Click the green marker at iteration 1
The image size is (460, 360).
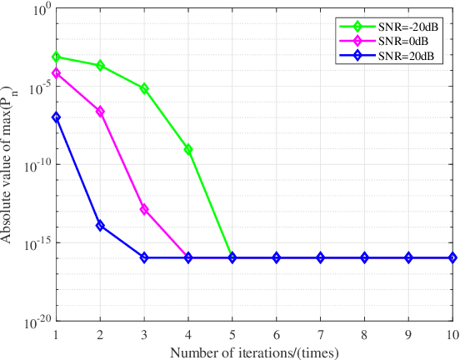tap(56, 57)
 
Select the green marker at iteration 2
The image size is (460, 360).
tap(100, 65)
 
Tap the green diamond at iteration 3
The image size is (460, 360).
tap(144, 88)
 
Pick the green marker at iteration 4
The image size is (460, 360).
tap(188, 150)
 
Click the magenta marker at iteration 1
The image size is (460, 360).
tap(56, 73)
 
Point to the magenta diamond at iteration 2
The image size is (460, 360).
tap(100, 112)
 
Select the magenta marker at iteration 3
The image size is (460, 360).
tap(144, 209)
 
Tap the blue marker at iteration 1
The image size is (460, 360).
tap(56, 117)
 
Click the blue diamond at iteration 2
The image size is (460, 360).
tap(100, 226)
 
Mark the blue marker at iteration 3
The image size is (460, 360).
tap(144, 257)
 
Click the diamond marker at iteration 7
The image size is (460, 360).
tap(321, 257)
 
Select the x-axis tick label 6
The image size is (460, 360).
tap(277, 334)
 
